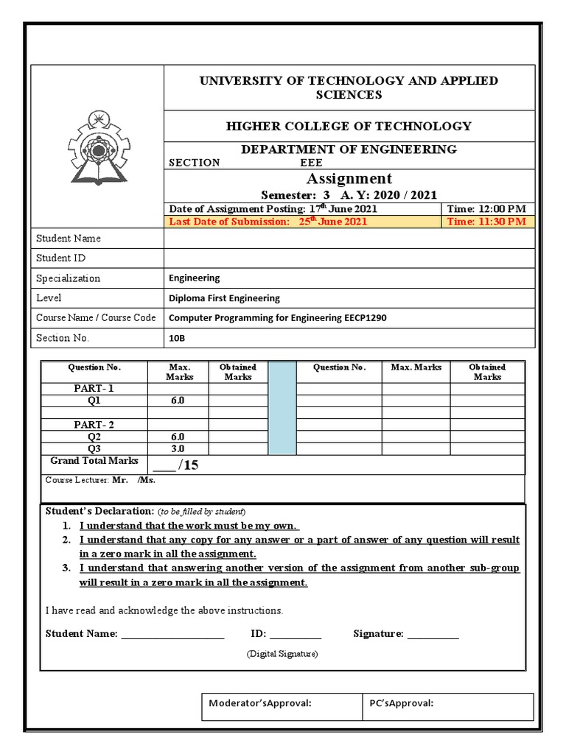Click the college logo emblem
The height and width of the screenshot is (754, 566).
click(97, 147)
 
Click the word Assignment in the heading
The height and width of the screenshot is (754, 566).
click(349, 179)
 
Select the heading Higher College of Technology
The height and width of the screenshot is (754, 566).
click(349, 126)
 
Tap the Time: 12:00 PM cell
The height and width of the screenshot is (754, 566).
click(486, 208)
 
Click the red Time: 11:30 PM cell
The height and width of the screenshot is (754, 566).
click(486, 222)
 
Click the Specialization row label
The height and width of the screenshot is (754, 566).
click(68, 278)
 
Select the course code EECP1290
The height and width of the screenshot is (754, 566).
click(360, 318)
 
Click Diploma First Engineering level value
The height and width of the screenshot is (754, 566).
click(224, 298)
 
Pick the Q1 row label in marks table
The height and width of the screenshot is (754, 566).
click(94, 401)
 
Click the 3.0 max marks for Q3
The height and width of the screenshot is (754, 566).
click(178, 448)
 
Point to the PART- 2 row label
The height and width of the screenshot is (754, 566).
click(94, 425)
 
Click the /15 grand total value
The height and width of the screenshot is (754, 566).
click(175, 465)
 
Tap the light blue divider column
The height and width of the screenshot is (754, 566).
click(282, 408)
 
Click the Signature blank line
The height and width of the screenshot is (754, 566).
click(433, 634)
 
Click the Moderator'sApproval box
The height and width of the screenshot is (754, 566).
click(283, 706)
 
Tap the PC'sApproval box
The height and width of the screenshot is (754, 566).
click(449, 706)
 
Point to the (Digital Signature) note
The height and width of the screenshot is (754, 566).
click(282, 653)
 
